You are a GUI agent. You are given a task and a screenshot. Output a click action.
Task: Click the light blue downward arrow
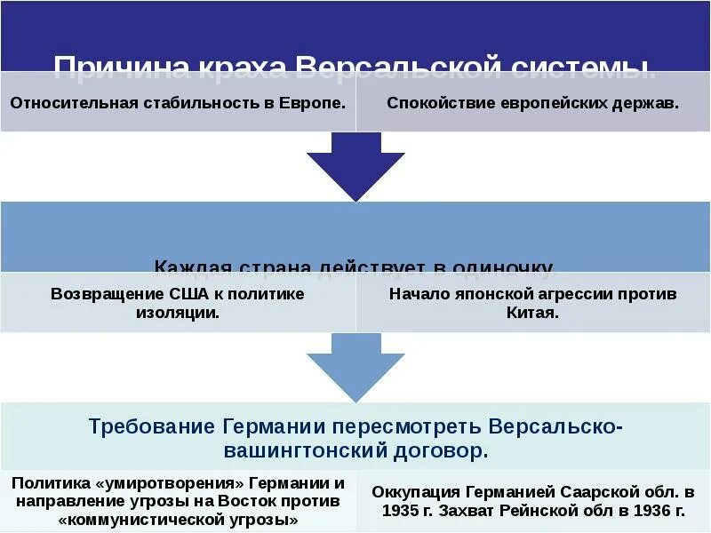(x=355, y=369)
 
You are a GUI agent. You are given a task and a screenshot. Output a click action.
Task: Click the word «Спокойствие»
(x=432, y=102)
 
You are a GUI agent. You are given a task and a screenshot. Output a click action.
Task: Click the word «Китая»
(x=532, y=313)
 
